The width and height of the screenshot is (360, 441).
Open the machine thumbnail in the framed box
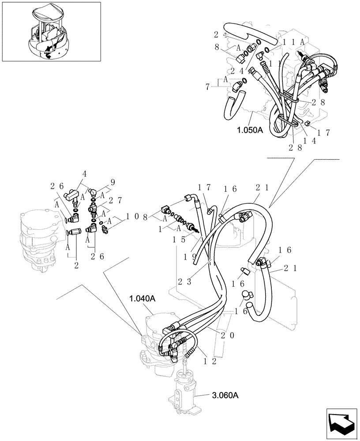pyautogui.click(x=51, y=32)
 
